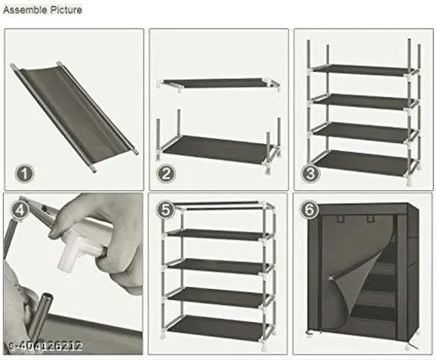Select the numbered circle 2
point(166,173)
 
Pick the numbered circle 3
point(311,173)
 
